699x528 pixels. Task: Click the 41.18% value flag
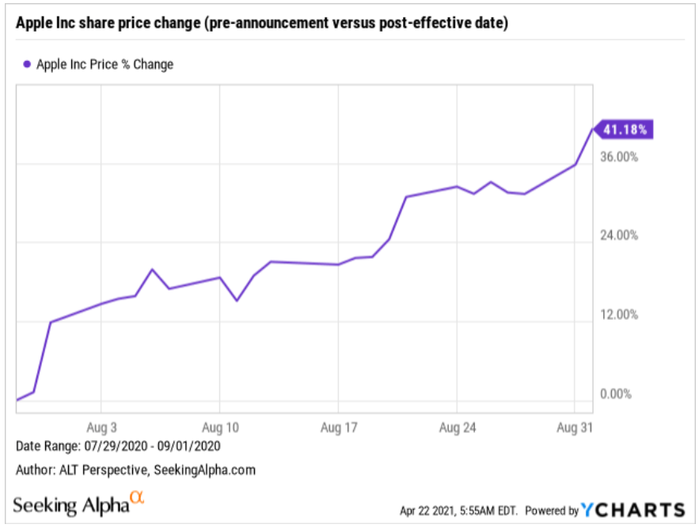624,129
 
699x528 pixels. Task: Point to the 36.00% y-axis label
619,157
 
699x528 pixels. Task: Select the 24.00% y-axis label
619,235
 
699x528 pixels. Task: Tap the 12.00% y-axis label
619,315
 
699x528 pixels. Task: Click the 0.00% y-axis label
616,394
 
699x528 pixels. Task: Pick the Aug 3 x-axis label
101,427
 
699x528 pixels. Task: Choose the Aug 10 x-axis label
220,427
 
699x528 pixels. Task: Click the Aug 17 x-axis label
339,427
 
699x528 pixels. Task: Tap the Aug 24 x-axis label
458,427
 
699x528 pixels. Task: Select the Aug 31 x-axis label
575,427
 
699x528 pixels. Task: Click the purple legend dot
27,64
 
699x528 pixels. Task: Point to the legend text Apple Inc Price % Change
104,65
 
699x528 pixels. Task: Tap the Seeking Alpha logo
78,504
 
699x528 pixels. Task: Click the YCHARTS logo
633,510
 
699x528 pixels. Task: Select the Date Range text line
118,446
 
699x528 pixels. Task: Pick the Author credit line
135,470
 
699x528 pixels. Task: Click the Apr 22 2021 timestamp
458,511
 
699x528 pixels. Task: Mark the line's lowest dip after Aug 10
237,301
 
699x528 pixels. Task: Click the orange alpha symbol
137,497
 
